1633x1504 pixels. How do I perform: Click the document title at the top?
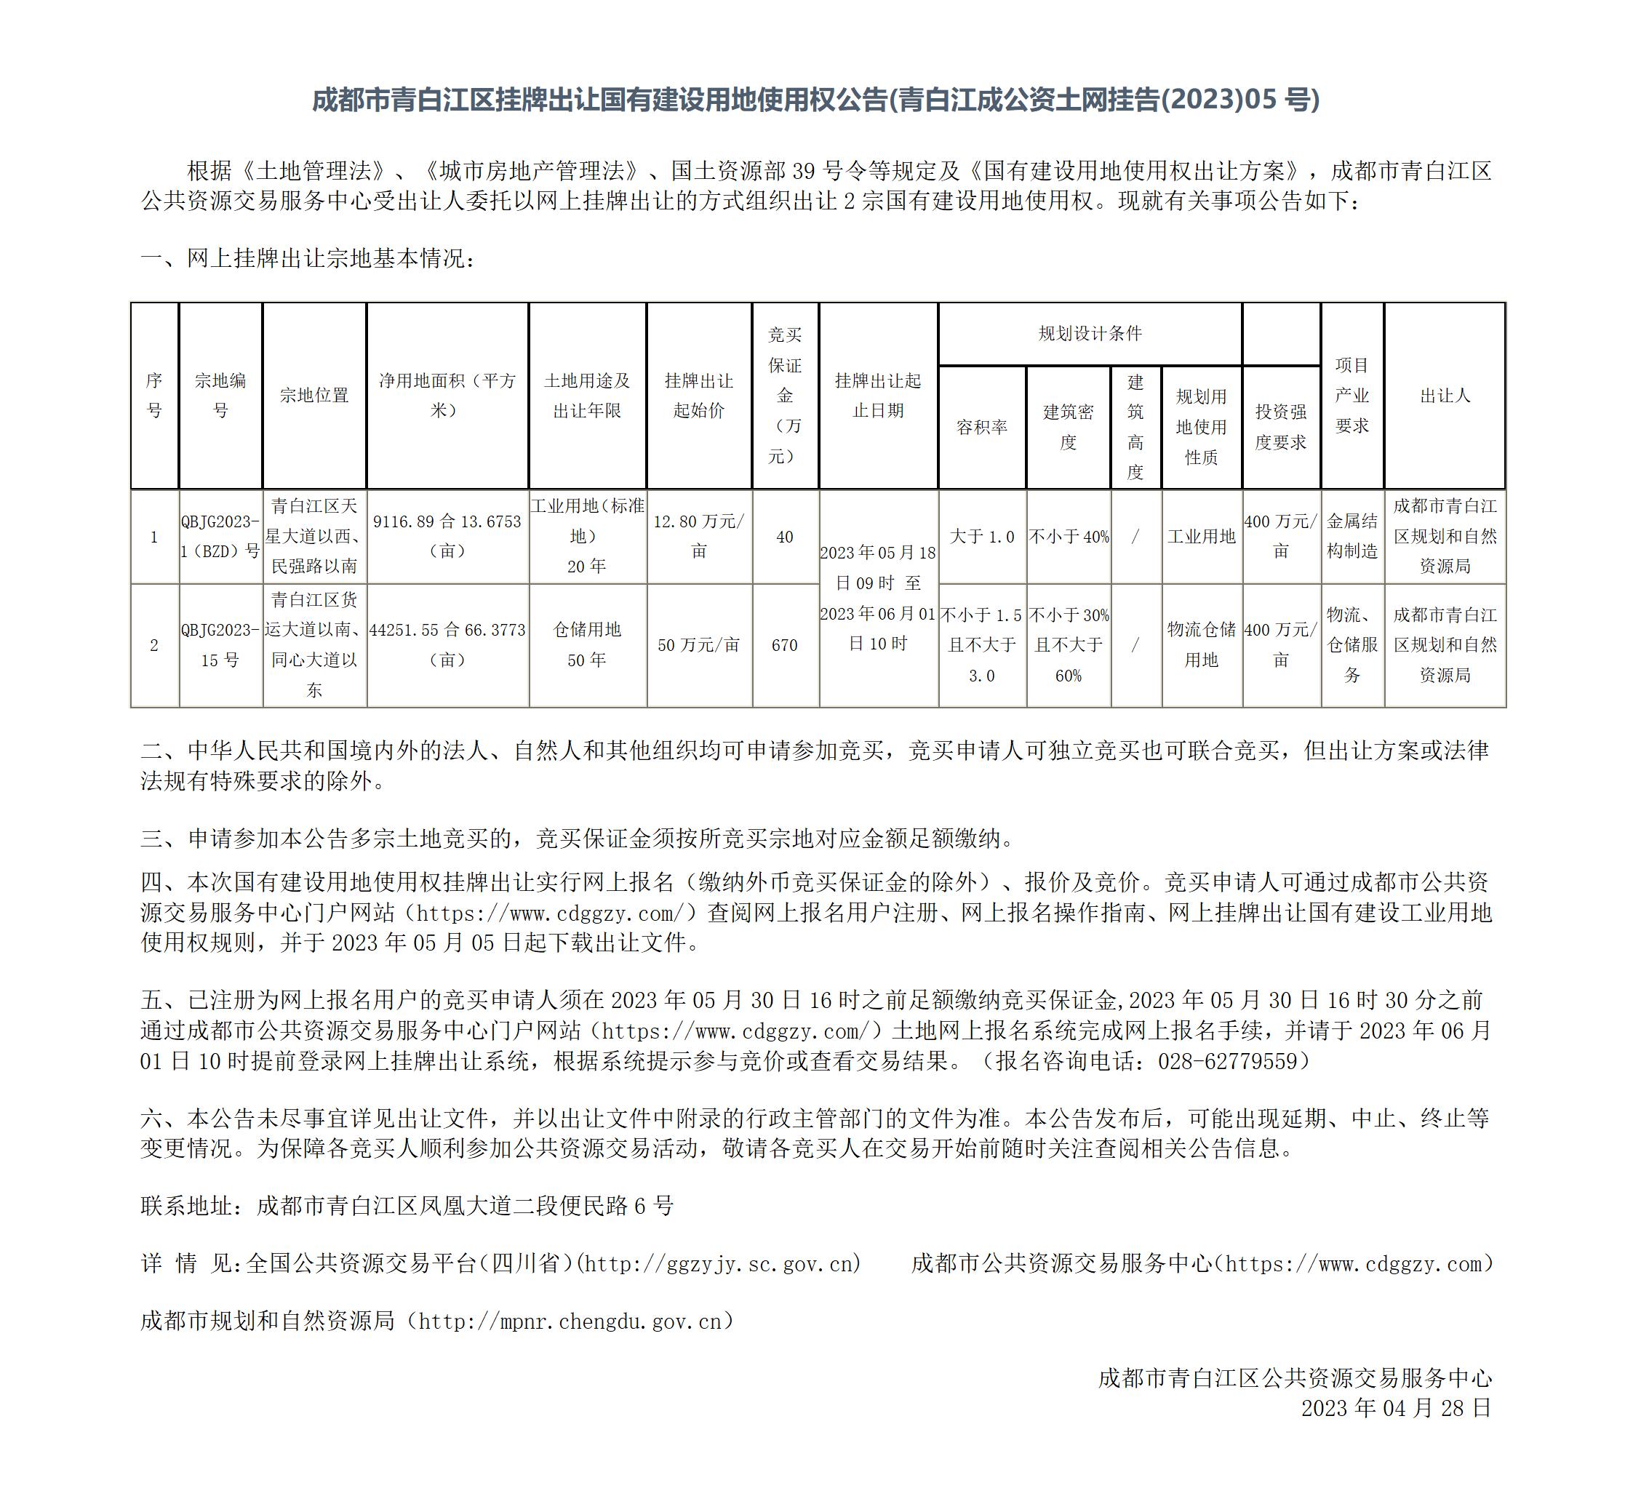click(815, 100)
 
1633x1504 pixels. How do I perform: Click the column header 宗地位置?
click(314, 396)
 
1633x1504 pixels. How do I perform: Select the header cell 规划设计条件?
click(1090, 334)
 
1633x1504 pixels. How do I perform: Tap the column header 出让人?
click(1445, 396)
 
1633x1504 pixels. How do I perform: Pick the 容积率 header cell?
click(982, 428)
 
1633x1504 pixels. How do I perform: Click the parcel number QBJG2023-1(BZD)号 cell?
click(220, 536)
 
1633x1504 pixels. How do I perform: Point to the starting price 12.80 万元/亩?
click(699, 536)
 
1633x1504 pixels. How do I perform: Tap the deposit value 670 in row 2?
click(785, 645)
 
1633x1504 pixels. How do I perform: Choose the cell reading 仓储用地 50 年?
click(587, 644)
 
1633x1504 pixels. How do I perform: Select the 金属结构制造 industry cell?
click(1352, 536)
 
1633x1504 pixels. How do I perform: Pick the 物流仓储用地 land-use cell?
click(1202, 644)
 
